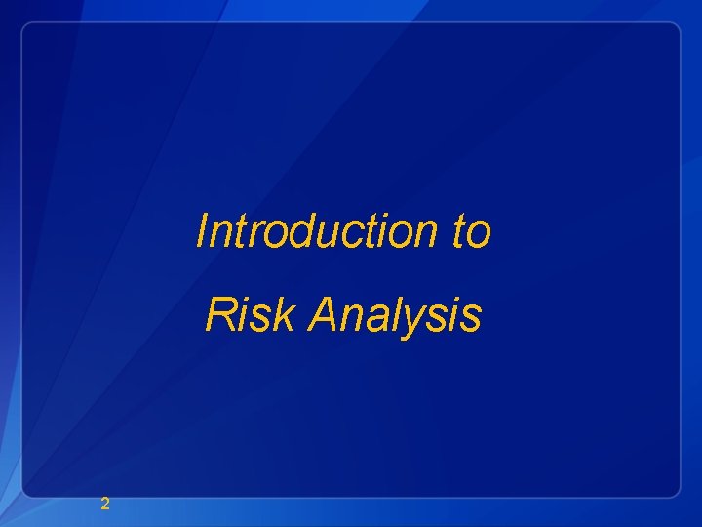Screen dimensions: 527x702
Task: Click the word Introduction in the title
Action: tap(308, 232)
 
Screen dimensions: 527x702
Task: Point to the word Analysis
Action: tap(395, 315)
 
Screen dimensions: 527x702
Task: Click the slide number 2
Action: tap(105, 504)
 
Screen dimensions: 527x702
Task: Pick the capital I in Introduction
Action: tap(203, 231)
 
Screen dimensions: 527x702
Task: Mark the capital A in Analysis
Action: tap(323, 315)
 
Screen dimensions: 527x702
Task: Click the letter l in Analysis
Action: tap(400, 314)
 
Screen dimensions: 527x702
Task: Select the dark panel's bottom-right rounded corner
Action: tap(674, 492)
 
